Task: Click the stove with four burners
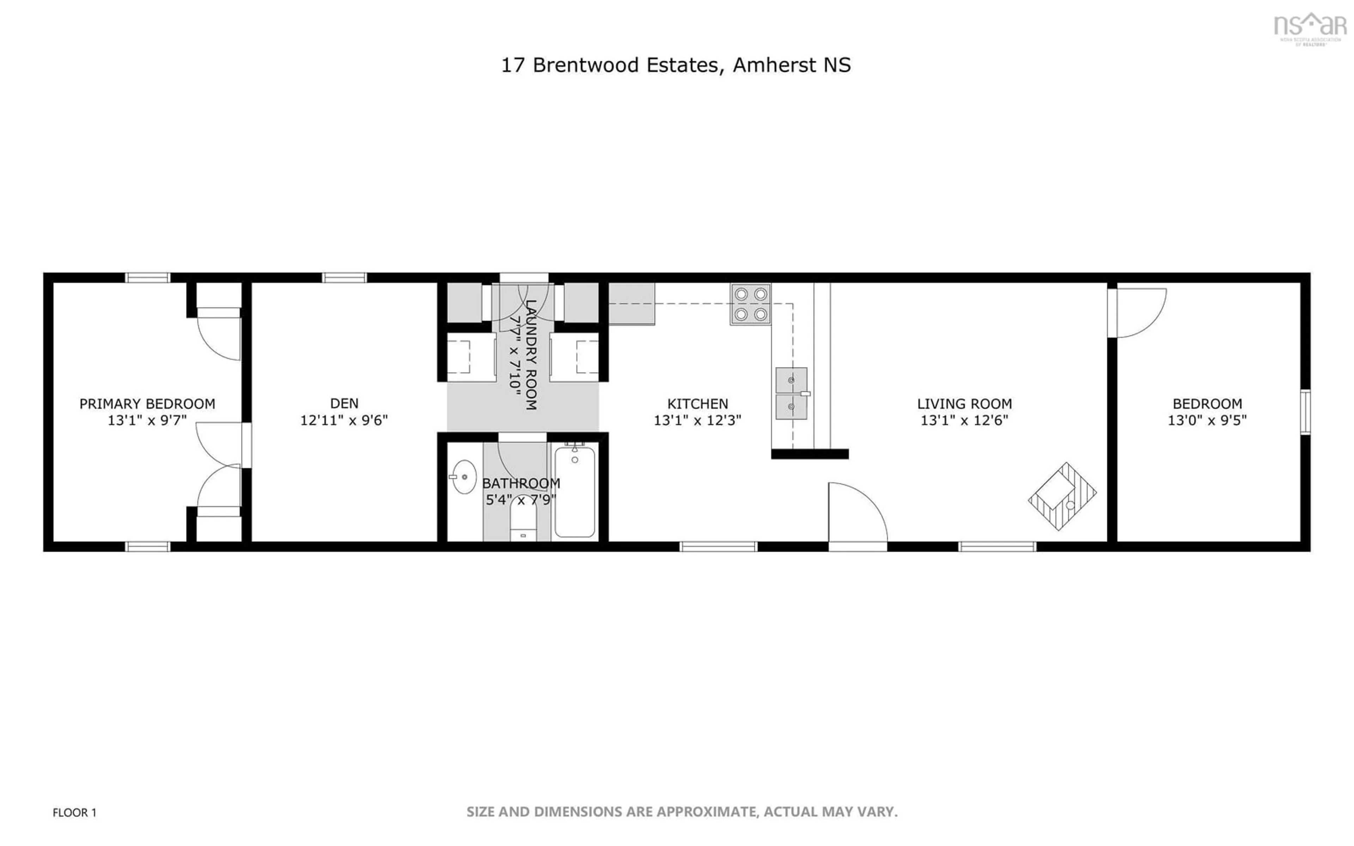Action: pos(750,304)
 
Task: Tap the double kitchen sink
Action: pos(791,393)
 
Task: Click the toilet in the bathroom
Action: pos(523,520)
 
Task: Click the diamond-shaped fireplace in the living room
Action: pos(1062,496)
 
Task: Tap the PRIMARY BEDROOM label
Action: pos(147,403)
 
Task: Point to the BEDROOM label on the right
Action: pos(1207,403)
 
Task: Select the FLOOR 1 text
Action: pos(74,813)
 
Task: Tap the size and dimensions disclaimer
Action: pos(682,811)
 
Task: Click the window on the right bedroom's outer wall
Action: pos(1305,412)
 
